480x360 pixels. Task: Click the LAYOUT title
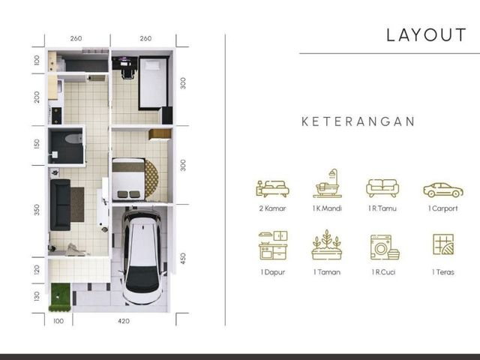click(x=426, y=35)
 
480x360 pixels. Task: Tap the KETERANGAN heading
click(x=358, y=121)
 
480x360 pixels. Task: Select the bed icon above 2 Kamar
click(x=272, y=188)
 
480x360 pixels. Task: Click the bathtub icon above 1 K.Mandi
click(x=327, y=183)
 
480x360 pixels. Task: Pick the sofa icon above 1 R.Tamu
click(x=382, y=188)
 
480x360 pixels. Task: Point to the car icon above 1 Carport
click(x=443, y=190)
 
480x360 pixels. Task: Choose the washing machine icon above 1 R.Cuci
click(x=385, y=247)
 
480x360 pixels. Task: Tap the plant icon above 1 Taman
click(x=327, y=244)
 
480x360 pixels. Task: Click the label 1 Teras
click(x=443, y=271)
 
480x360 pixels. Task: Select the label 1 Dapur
click(x=273, y=272)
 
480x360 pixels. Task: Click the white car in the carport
click(x=142, y=256)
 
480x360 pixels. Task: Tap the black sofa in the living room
click(x=60, y=205)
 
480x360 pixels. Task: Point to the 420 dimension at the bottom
click(x=124, y=321)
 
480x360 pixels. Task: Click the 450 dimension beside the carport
click(x=183, y=258)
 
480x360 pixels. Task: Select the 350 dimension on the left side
click(x=37, y=210)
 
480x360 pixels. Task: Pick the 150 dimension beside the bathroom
click(x=37, y=144)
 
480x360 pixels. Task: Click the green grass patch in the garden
click(x=60, y=297)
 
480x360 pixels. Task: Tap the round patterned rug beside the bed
click(x=151, y=178)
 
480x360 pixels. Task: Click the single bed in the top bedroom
click(x=154, y=82)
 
